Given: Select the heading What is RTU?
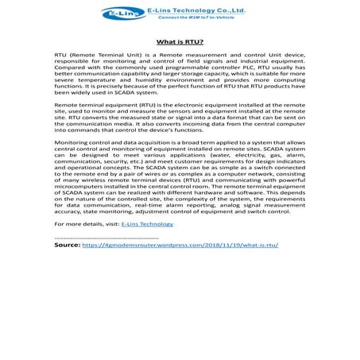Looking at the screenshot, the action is click(x=180, y=41).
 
